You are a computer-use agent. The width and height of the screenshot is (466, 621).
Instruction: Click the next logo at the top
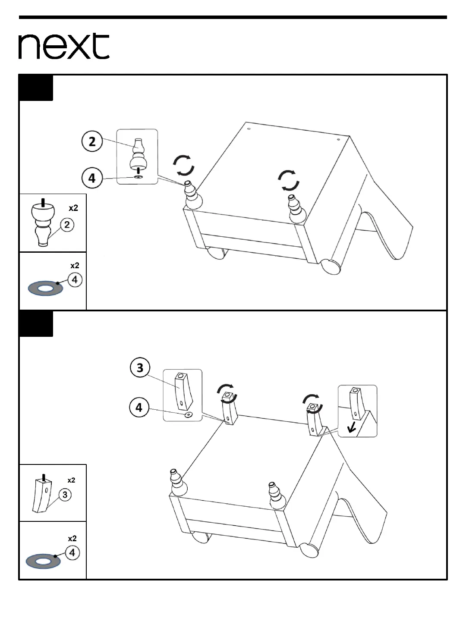click(x=64, y=46)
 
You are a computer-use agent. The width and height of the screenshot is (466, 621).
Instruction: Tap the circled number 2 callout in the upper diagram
click(x=92, y=141)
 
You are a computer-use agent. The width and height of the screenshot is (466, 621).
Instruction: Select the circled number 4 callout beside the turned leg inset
click(x=92, y=178)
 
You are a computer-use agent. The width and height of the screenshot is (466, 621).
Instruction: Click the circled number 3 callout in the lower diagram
click(x=140, y=368)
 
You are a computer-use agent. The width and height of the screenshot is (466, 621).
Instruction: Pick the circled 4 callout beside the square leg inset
click(x=139, y=408)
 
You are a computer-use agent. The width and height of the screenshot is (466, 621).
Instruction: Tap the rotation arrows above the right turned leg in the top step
click(x=289, y=180)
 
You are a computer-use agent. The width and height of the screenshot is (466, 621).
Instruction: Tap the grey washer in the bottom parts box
click(x=43, y=561)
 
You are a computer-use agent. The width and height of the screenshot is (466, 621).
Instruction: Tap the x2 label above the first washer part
click(x=75, y=266)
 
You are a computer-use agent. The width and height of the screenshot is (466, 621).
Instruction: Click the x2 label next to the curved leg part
click(x=71, y=480)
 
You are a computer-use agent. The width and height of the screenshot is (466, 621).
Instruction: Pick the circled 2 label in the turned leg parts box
click(x=67, y=225)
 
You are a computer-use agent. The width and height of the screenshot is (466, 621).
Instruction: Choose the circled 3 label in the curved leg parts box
click(x=65, y=495)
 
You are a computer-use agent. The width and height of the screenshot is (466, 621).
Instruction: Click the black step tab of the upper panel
click(x=36, y=88)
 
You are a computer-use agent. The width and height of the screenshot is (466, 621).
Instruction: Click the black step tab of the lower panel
click(x=36, y=324)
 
